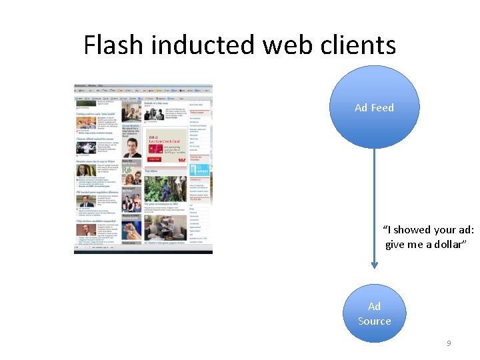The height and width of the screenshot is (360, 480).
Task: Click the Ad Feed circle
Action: [x=374, y=107]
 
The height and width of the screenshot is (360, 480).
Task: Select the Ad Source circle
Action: [x=374, y=313]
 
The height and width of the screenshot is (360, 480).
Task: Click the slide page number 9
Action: [x=449, y=343]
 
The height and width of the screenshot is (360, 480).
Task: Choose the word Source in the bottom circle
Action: [x=374, y=321]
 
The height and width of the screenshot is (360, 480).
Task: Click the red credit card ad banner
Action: [x=164, y=148]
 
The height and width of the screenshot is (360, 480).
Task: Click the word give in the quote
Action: [x=395, y=244]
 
